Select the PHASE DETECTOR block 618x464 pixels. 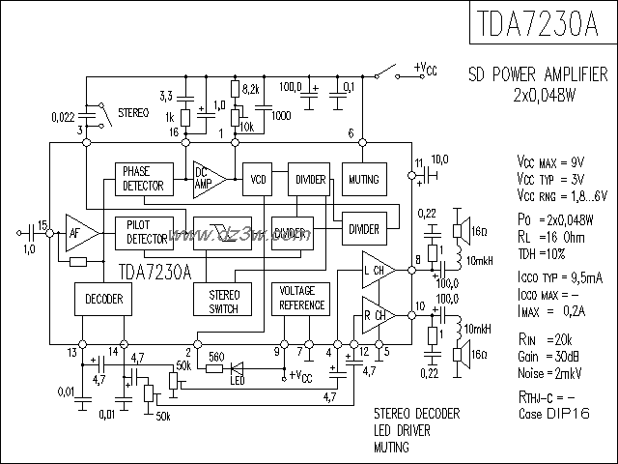point(142,178)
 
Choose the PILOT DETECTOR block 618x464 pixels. point(143,231)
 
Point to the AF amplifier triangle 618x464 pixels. point(80,232)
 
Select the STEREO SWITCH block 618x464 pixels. point(223,299)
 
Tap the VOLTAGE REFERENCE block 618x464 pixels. point(301,298)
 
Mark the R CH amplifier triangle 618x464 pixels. point(377,315)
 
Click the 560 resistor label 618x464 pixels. point(216,355)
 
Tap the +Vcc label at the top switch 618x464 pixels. point(428,68)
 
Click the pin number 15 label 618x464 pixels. point(42,221)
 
